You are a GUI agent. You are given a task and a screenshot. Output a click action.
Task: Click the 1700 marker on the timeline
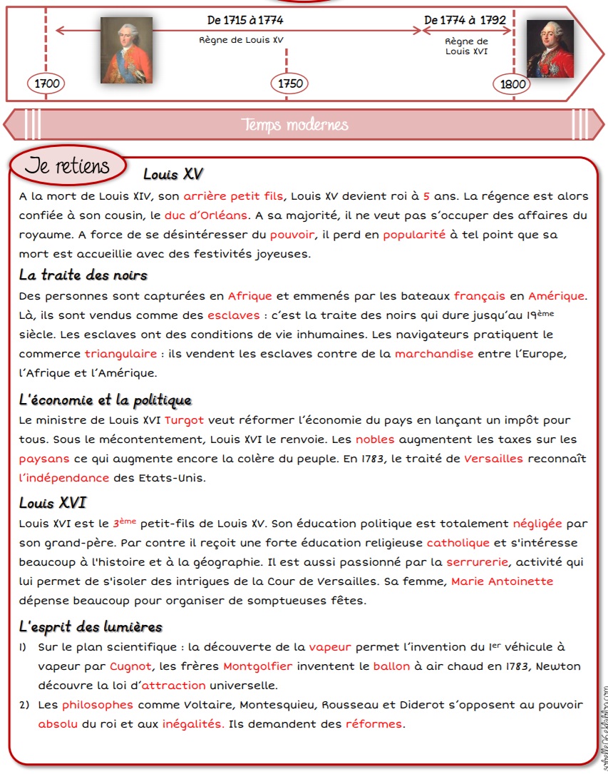[46, 83]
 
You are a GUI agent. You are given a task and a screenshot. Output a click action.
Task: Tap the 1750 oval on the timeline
[290, 83]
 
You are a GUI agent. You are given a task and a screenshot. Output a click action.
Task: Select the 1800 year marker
[512, 84]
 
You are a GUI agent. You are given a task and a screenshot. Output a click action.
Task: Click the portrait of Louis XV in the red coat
[126, 50]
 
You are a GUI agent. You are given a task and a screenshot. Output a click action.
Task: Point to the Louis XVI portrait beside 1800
[550, 49]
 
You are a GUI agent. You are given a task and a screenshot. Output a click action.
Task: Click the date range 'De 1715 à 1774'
[245, 20]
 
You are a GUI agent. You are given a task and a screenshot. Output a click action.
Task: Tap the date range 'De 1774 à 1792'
[465, 20]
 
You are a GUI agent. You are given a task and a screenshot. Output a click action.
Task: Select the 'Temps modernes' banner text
[295, 125]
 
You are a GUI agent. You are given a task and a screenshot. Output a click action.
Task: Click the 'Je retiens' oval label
[67, 166]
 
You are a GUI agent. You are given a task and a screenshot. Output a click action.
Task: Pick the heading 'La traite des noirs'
[83, 275]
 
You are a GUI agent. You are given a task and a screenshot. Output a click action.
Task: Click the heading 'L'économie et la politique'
[105, 400]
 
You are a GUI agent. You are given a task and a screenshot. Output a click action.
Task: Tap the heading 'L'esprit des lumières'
[91, 627]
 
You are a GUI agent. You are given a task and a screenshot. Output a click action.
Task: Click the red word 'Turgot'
[184, 420]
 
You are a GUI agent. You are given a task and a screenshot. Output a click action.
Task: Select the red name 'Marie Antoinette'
[502, 581]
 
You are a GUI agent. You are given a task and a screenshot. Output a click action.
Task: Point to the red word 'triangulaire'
[120, 354]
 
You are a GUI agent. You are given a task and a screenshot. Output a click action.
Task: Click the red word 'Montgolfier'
[258, 666]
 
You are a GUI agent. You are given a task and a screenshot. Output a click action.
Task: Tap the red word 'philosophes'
[98, 705]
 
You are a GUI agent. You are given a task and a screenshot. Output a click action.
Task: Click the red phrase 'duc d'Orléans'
[206, 215]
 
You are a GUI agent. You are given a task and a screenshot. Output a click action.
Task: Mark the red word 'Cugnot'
[131, 666]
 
